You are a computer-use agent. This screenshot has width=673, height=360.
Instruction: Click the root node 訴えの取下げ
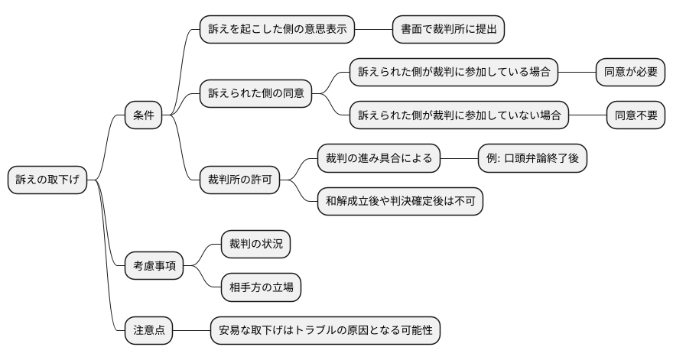click(47, 180)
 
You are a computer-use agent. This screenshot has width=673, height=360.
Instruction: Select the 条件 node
click(144, 115)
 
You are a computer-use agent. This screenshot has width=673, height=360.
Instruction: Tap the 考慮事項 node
click(154, 266)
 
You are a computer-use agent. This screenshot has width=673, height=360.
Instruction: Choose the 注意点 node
click(149, 331)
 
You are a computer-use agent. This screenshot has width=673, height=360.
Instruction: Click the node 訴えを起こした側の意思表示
click(277, 29)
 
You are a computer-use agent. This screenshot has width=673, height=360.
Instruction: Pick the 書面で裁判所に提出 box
click(448, 29)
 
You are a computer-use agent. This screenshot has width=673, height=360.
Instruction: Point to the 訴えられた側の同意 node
click(256, 94)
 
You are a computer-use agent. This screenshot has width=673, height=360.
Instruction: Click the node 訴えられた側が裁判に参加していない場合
click(459, 115)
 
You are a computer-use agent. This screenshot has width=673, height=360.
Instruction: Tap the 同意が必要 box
click(629, 73)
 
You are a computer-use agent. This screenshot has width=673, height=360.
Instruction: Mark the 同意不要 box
click(635, 115)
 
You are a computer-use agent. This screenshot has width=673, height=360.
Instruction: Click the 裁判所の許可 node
click(239, 180)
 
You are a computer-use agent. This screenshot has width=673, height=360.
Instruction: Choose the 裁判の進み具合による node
click(379, 159)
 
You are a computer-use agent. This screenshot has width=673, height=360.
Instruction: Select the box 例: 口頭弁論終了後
click(532, 159)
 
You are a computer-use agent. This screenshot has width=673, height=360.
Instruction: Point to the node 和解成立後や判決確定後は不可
click(400, 202)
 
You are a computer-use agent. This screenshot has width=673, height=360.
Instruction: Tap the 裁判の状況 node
click(255, 245)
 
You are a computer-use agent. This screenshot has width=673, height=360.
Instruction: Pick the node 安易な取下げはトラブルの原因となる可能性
click(326, 331)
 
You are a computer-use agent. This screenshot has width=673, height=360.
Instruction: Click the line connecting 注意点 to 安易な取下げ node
click(192, 331)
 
